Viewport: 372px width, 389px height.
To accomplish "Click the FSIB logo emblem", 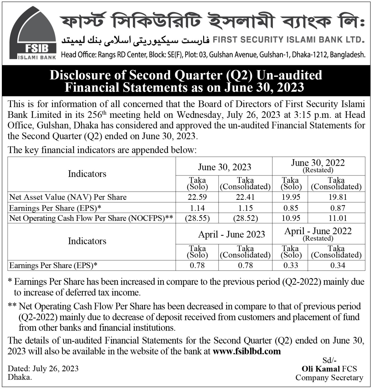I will point(33,33).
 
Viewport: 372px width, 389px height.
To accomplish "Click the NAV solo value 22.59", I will point(197,197).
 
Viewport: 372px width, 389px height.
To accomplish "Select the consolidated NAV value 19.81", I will point(336,197).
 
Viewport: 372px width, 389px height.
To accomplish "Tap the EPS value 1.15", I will point(245,208).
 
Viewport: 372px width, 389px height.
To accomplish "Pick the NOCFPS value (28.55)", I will point(197,218).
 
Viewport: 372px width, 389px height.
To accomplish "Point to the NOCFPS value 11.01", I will point(336,218).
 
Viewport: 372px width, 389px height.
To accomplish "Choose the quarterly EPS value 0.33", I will point(290,265).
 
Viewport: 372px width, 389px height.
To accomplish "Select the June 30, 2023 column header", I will point(224,167).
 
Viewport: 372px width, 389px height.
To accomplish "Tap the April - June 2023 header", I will point(231,234).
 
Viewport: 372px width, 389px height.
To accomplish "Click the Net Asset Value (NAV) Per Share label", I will point(68,197).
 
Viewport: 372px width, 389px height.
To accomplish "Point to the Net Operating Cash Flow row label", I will point(91,218).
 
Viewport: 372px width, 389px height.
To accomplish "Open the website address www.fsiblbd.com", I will point(247,351).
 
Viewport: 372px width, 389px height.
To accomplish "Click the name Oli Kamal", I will point(320,369).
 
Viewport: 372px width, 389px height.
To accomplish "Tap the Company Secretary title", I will point(329,378).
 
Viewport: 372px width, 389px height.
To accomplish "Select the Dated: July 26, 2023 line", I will point(43,369).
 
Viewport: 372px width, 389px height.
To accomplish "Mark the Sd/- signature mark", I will point(329,360).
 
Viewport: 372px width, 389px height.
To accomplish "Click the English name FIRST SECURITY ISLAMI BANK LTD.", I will point(289,40).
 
